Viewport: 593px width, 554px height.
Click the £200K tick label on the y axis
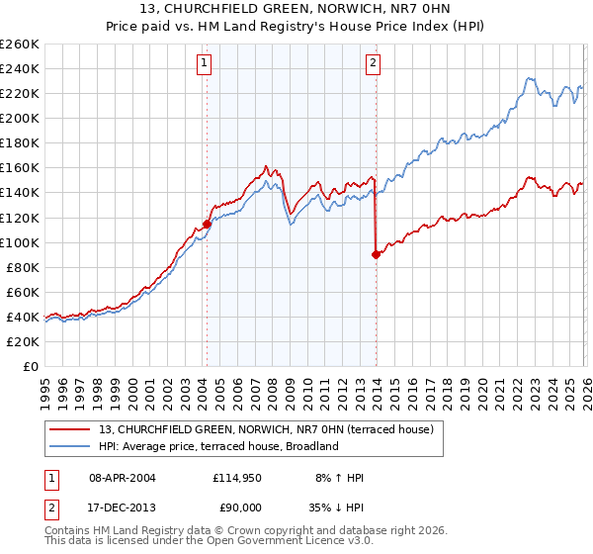(20, 118)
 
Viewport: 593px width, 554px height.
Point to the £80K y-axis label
(23, 267)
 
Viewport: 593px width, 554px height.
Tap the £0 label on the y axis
(32, 366)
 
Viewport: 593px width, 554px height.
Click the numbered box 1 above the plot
(205, 64)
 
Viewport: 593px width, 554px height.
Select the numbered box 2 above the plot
(374, 64)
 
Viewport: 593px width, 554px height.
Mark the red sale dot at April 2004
(207, 224)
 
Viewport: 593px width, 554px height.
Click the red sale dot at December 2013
(376, 254)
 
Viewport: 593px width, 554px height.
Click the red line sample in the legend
(69, 429)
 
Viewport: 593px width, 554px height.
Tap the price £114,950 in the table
(235, 478)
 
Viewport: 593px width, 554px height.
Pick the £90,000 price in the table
(238, 509)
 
